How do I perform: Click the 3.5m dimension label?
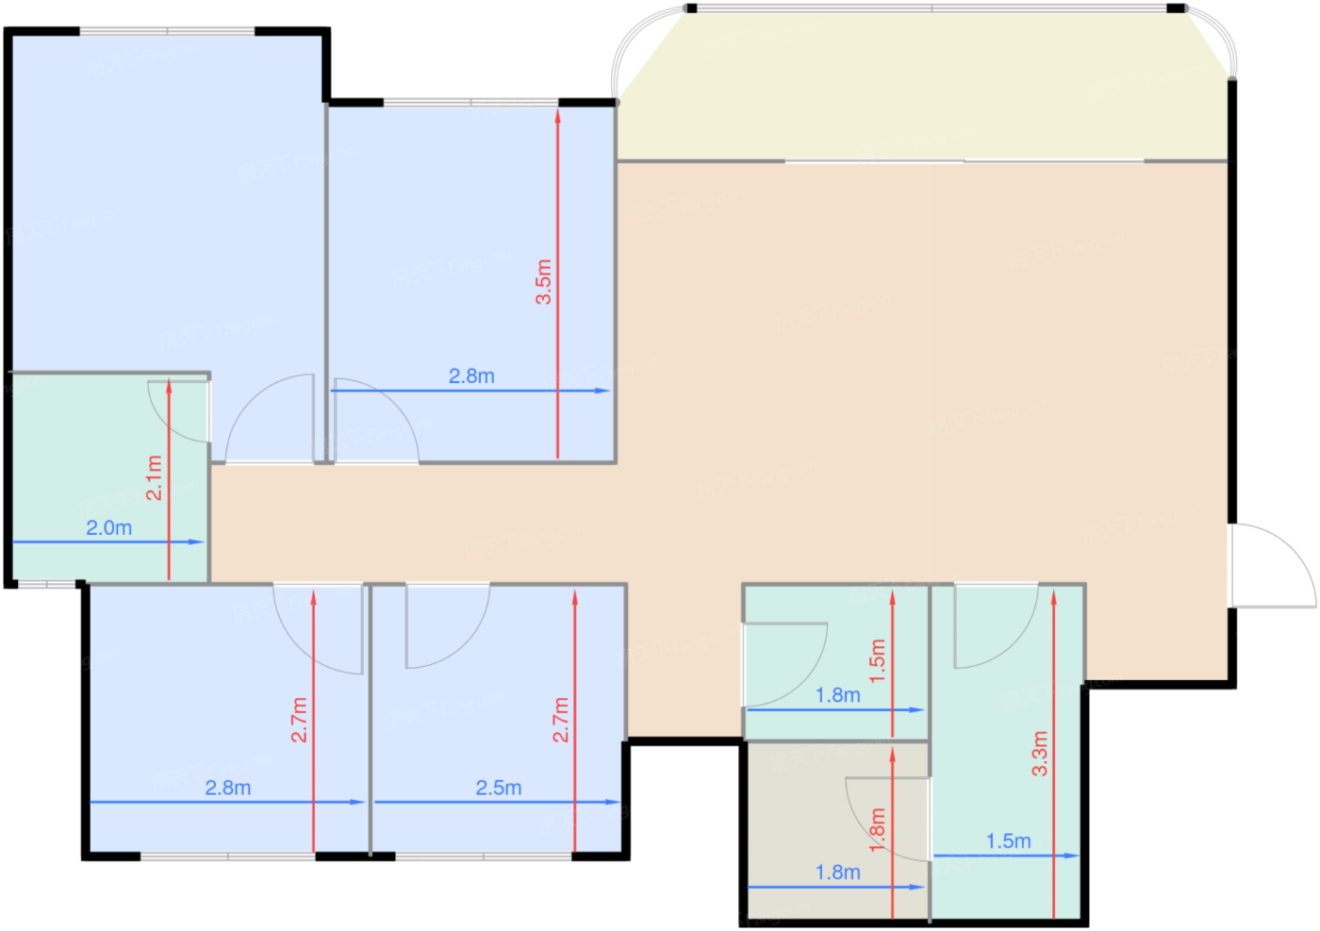click(543, 282)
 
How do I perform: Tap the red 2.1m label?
click(154, 478)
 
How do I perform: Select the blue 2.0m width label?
click(109, 527)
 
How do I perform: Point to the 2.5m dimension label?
click(499, 788)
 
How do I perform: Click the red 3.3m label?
click(1040, 754)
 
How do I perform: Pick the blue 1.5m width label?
click(1009, 841)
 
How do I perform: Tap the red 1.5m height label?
click(878, 661)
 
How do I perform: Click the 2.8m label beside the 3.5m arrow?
click(471, 376)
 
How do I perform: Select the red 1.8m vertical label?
click(878, 830)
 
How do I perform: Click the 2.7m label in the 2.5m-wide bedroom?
click(560, 720)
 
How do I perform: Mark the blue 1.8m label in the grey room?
click(838, 873)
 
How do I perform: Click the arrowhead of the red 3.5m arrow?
click(557, 116)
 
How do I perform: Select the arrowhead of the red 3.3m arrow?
click(1054, 597)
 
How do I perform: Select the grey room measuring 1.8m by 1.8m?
click(837, 830)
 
